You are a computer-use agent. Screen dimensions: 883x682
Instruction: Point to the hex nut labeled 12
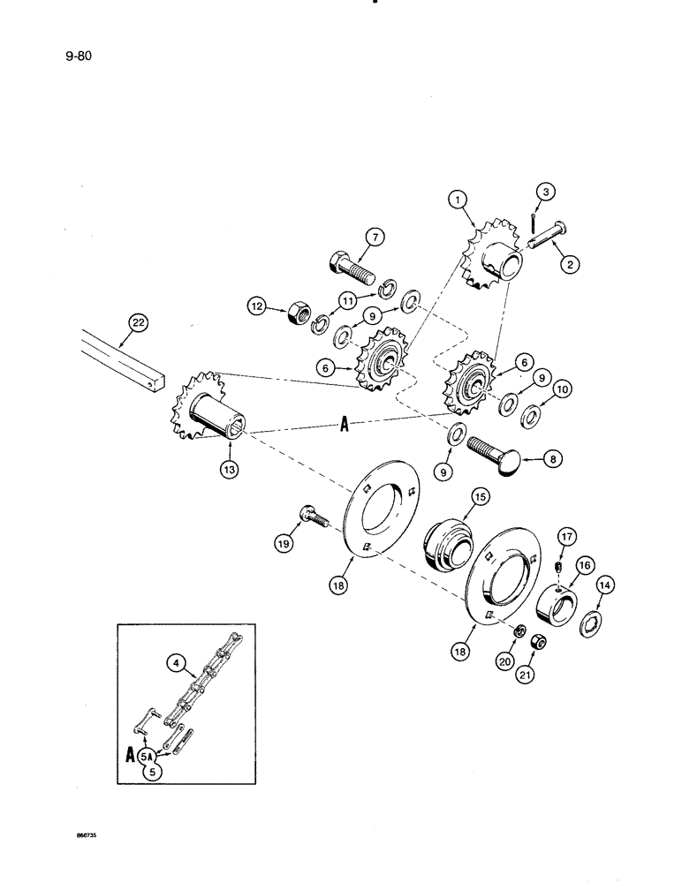tap(297, 310)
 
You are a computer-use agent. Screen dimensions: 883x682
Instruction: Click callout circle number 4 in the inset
tap(173, 658)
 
